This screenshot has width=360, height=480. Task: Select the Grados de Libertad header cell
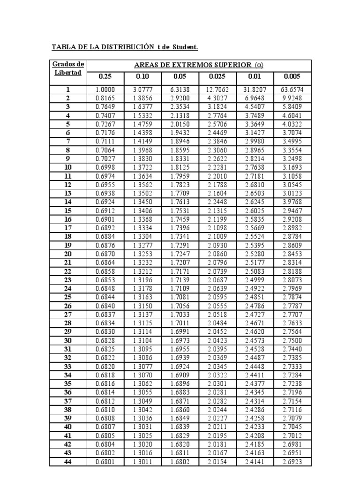coord(68,68)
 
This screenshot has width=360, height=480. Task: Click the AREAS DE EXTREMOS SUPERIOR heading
coord(199,65)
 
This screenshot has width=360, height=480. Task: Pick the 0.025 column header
coord(217,77)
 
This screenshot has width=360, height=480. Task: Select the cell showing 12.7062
coord(217,90)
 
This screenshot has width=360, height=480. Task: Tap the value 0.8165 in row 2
coord(105,98)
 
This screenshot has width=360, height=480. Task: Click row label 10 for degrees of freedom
coord(68,167)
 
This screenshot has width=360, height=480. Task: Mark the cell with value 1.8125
coord(180,167)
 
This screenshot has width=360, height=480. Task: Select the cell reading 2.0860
coord(217,254)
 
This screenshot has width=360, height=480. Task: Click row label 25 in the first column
coord(68,297)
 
